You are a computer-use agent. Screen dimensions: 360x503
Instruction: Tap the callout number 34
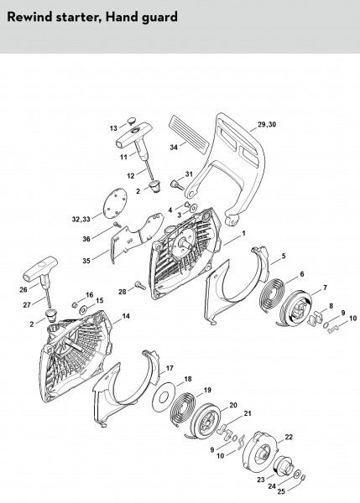click(x=174, y=148)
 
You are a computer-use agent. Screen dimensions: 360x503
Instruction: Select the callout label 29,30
click(x=267, y=124)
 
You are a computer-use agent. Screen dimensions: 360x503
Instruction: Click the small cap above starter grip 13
click(x=131, y=121)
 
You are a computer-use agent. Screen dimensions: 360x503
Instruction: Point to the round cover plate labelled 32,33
click(x=115, y=203)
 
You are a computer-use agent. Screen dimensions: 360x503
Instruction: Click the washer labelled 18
click(x=164, y=397)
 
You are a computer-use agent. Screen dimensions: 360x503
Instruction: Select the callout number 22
click(x=289, y=437)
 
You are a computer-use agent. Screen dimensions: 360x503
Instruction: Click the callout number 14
click(x=126, y=316)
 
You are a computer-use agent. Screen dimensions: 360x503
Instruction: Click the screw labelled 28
click(x=140, y=285)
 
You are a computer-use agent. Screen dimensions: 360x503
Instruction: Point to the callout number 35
click(x=86, y=261)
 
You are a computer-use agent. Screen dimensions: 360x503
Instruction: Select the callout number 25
click(x=281, y=491)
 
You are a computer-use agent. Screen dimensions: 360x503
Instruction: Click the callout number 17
click(x=170, y=368)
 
